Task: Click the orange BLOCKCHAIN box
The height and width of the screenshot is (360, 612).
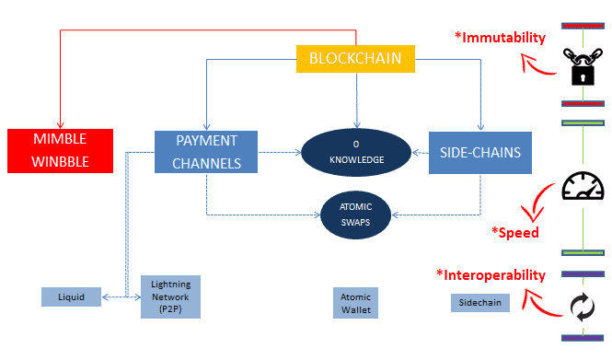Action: (355, 60)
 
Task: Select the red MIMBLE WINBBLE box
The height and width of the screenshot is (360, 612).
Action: (60, 152)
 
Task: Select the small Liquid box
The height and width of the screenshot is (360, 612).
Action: (71, 296)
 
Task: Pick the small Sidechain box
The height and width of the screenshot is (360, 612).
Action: (480, 303)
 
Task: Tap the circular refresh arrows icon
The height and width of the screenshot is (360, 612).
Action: (581, 305)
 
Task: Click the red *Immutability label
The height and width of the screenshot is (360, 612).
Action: (500, 38)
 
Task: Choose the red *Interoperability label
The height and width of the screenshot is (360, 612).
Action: (490, 274)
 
